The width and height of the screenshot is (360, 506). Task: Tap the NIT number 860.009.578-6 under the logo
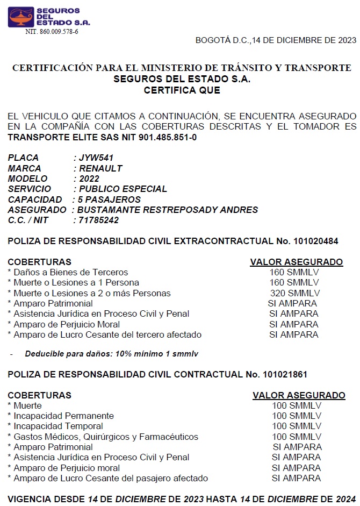tap(52, 32)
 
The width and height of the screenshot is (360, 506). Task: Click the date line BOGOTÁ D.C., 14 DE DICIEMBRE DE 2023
tap(276, 40)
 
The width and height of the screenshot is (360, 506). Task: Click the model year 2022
tap(89, 179)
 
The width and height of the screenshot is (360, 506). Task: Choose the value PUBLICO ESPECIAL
tap(123, 189)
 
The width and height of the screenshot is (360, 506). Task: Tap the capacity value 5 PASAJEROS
tap(109, 199)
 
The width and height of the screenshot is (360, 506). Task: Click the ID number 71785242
tap(99, 220)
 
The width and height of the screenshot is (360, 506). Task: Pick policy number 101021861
tap(285, 374)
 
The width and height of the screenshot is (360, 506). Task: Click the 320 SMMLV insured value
tap(295, 293)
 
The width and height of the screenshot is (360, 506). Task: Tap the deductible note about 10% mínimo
tap(112, 354)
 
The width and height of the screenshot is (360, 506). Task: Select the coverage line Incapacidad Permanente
tap(63, 416)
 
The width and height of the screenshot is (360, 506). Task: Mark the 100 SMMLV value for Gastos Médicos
tap(297, 437)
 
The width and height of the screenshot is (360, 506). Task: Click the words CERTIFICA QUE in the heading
tap(182, 90)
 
